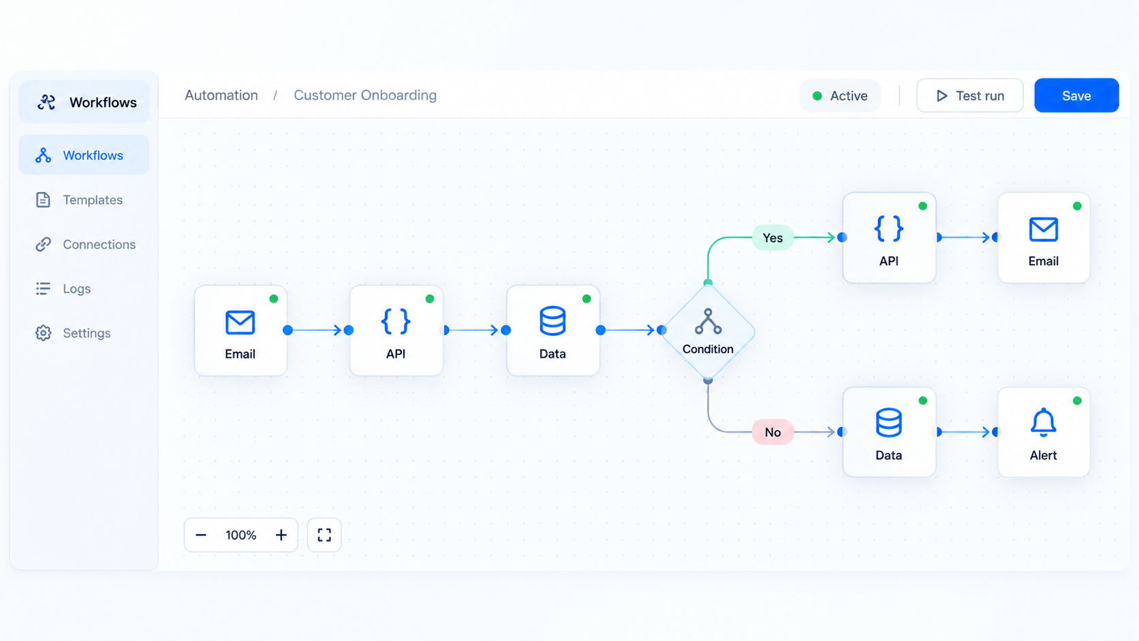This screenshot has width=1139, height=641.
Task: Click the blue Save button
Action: [x=1076, y=95]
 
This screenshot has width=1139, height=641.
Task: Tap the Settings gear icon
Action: [x=43, y=333]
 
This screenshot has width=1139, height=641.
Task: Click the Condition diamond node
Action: [x=708, y=332]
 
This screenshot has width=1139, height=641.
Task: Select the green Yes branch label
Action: [x=773, y=237]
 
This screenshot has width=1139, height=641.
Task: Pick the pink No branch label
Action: [x=773, y=432]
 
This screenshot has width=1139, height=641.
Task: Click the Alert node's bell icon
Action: [x=1044, y=422]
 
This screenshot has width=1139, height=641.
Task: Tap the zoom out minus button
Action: [x=201, y=535]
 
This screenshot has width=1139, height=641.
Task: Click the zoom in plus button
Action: [x=281, y=535]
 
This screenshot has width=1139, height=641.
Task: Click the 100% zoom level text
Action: [x=241, y=535]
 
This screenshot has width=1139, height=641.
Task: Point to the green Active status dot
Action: [x=817, y=95]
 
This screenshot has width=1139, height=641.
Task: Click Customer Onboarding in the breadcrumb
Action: [x=365, y=95]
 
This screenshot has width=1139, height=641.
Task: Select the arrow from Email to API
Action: [x=315, y=330]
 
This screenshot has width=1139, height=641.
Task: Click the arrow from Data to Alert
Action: [x=965, y=432]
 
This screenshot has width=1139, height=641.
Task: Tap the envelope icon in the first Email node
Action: [x=240, y=322]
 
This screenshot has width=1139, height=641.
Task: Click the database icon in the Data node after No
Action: [x=889, y=422]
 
